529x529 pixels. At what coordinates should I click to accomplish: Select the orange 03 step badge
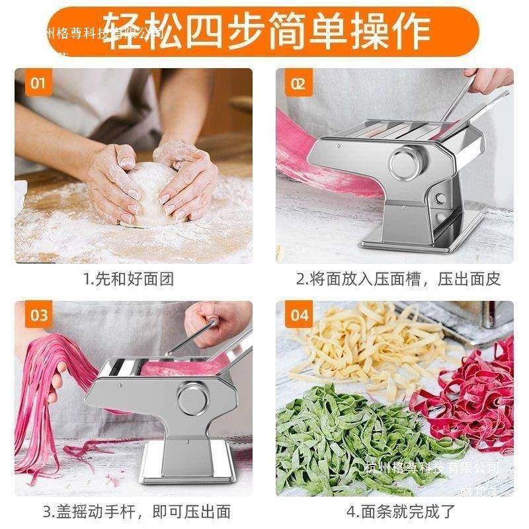click(x=38, y=315)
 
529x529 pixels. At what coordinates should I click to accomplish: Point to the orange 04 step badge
click(x=299, y=315)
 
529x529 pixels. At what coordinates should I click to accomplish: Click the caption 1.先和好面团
click(x=129, y=278)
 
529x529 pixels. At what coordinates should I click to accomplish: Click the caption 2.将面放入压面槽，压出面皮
click(x=397, y=278)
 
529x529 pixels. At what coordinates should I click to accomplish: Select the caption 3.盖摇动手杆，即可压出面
click(x=137, y=511)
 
